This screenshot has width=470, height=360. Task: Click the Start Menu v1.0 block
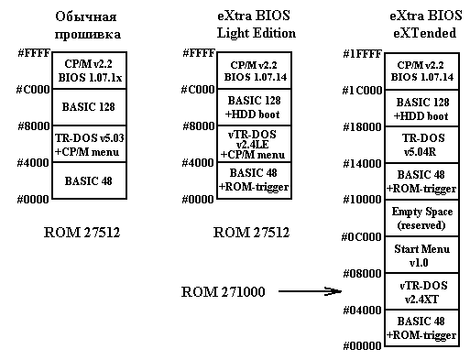(x=421, y=255)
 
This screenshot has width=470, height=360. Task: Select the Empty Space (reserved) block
(x=421, y=218)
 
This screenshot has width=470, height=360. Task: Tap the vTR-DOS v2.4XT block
(x=421, y=291)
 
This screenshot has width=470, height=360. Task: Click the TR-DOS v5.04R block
(x=421, y=145)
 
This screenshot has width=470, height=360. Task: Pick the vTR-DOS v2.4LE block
(x=254, y=144)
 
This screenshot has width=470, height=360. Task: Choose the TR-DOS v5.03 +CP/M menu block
(x=90, y=144)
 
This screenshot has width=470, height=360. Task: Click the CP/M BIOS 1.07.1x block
(x=90, y=71)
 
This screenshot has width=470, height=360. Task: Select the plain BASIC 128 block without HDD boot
(x=90, y=107)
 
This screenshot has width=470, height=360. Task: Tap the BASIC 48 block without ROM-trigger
(x=90, y=180)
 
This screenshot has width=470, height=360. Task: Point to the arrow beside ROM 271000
(x=310, y=291)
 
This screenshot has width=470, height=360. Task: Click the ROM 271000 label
(x=223, y=291)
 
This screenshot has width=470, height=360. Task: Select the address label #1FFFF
(x=362, y=54)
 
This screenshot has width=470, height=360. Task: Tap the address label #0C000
(x=361, y=237)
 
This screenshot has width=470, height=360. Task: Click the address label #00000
(x=362, y=346)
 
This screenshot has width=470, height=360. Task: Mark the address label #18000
(x=362, y=126)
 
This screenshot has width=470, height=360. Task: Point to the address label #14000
(x=362, y=164)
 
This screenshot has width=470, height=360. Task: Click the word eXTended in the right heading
(x=424, y=33)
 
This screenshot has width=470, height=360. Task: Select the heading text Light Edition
(x=257, y=33)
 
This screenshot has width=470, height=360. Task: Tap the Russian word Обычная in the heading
(x=86, y=16)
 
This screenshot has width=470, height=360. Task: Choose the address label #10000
(x=362, y=200)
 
